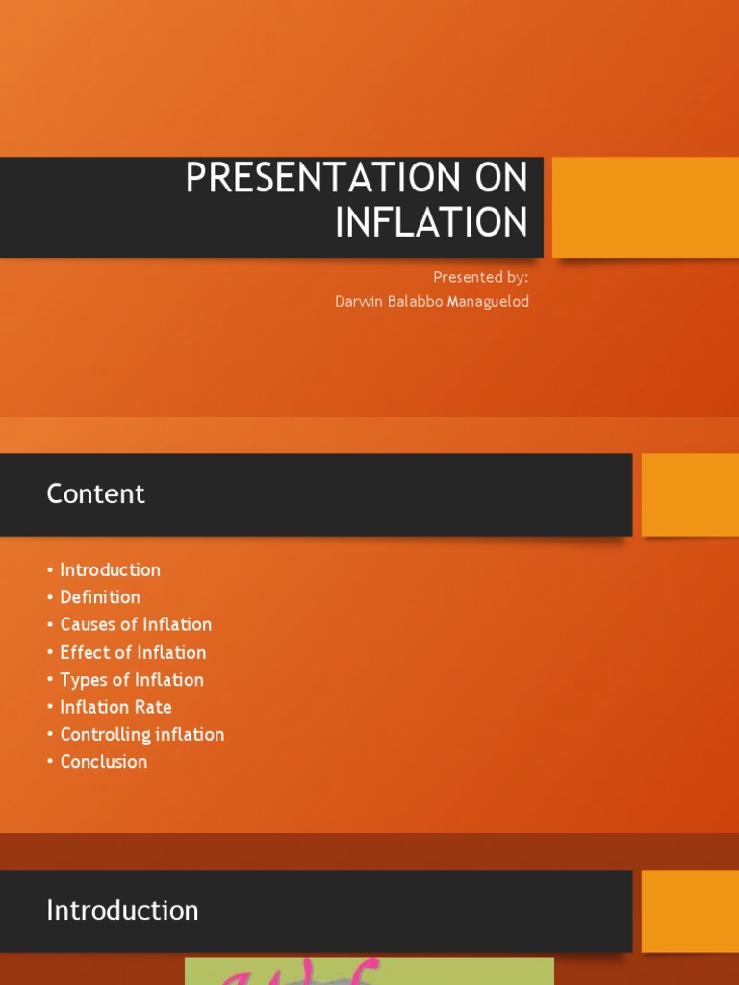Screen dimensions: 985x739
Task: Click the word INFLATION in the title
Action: point(431,222)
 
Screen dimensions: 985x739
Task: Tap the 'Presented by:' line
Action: point(480,277)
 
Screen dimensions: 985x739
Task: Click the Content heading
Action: point(95,494)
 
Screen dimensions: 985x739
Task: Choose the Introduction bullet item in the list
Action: point(110,570)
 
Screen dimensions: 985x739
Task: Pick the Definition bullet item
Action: point(100,597)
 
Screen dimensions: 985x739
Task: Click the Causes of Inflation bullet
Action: point(136,624)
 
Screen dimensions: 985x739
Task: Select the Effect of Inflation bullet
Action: point(133,652)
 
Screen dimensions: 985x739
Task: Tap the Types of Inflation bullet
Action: point(132,680)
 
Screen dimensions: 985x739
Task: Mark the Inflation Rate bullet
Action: point(115,707)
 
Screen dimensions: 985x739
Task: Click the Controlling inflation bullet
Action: point(141,735)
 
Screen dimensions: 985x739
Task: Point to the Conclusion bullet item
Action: point(104,762)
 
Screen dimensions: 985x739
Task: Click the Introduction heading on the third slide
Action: point(122,911)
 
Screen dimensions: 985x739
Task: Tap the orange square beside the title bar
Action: point(645,207)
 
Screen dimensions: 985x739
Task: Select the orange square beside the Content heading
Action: point(689,494)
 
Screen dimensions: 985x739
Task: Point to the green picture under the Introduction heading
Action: point(369,971)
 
